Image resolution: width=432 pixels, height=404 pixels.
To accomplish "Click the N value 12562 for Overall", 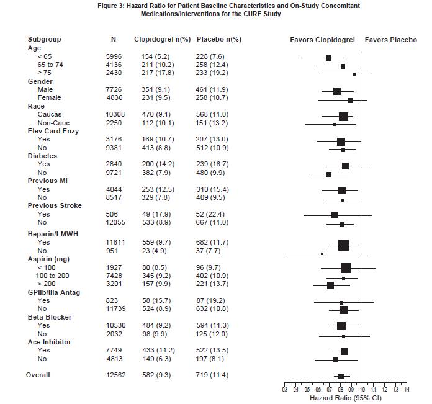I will tap(114, 375).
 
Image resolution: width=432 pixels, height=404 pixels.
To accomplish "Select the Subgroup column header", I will tap(45, 40).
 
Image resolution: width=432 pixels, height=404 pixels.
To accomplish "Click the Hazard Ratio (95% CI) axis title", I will tap(344, 397).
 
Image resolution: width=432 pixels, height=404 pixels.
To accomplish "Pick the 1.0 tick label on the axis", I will tap(362, 389).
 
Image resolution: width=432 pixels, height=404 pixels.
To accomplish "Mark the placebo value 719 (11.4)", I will tap(212, 375).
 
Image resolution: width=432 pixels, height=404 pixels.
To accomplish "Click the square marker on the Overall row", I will tap(341, 376).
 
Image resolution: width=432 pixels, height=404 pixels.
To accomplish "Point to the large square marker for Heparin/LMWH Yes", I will tap(343, 245).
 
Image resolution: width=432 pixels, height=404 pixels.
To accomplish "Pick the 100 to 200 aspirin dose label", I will tap(54, 276).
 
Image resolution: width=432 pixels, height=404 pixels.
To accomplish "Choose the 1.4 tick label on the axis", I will tap(406, 389).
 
